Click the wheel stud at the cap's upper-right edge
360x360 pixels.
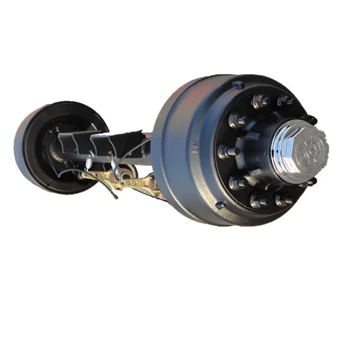tap(309, 119)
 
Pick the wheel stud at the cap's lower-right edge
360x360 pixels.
tap(308, 182)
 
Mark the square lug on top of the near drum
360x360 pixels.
tap(238, 85)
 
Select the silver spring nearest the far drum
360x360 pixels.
tap(89, 164)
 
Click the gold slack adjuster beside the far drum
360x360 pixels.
tap(99, 178)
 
